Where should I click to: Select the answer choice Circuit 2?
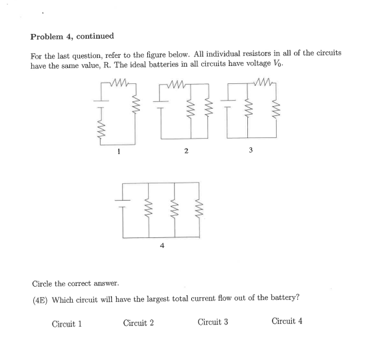click(x=139, y=323)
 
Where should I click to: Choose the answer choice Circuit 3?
click(x=213, y=322)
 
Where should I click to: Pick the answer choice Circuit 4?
click(x=287, y=321)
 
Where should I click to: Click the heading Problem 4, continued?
click(x=72, y=36)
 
